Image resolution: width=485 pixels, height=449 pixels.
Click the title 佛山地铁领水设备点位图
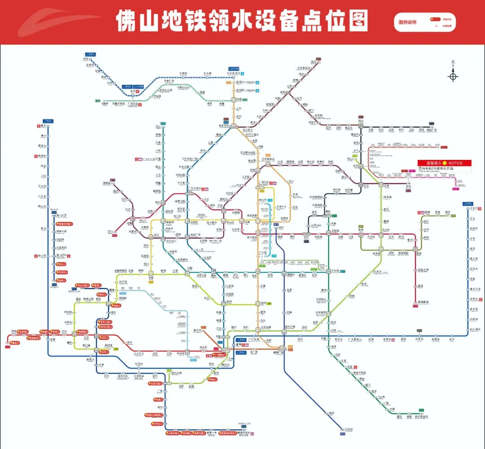242,21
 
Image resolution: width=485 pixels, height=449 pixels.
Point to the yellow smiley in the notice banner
445,163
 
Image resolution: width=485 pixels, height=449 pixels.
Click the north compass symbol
453,76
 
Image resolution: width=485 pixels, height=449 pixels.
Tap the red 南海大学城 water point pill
66,223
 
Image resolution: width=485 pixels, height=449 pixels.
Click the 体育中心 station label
281,207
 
